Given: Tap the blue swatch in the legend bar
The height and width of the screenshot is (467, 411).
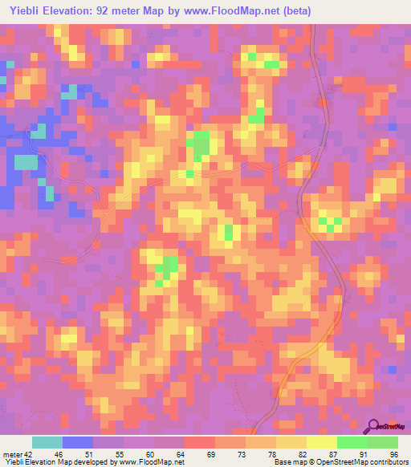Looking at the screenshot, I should (x=77, y=442).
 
